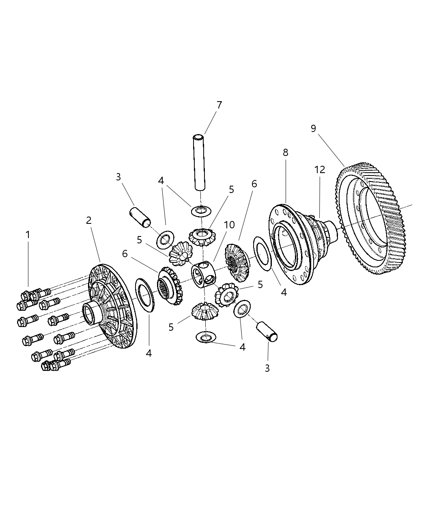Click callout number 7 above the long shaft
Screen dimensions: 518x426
(219, 105)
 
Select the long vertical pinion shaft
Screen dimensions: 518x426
(199, 163)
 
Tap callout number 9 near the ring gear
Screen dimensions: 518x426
(313, 128)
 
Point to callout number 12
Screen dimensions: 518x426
(320, 170)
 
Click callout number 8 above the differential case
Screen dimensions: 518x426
(286, 152)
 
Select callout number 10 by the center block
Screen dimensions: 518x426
(229, 225)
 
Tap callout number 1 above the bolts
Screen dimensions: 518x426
(28, 234)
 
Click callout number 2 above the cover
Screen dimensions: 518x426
(89, 220)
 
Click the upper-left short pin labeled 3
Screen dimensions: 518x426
(140, 217)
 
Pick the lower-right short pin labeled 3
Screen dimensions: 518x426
(267, 331)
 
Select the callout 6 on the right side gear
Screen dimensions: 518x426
(254, 184)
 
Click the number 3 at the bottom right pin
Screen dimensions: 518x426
(267, 368)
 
